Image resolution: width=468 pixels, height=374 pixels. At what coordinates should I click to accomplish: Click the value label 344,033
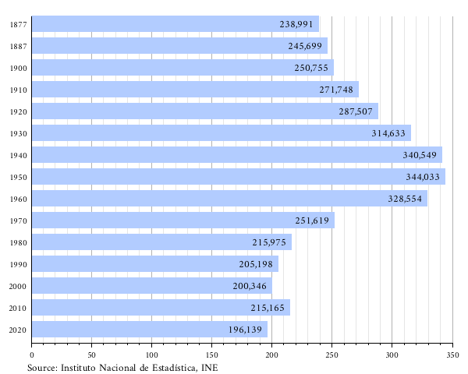coord(422,177)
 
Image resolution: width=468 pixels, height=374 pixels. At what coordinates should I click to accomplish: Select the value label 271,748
coord(336,90)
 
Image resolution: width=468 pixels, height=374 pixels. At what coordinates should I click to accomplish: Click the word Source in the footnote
coord(42,367)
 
